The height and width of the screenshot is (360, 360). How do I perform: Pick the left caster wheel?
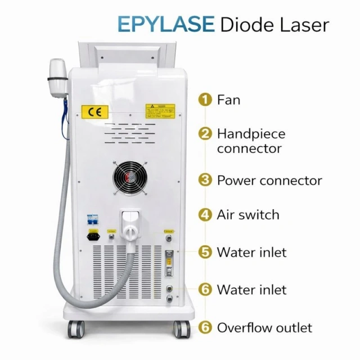(x=74, y=329)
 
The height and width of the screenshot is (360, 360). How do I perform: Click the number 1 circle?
(x=205, y=100)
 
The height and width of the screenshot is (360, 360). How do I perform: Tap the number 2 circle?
(x=205, y=134)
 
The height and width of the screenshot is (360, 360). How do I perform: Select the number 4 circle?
(x=205, y=214)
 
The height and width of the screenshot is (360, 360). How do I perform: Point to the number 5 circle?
(x=205, y=252)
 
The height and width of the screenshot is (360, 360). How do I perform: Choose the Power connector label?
(x=269, y=181)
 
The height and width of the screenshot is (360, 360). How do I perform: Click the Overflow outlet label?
(x=264, y=327)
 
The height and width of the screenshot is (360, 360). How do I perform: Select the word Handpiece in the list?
(x=251, y=134)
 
